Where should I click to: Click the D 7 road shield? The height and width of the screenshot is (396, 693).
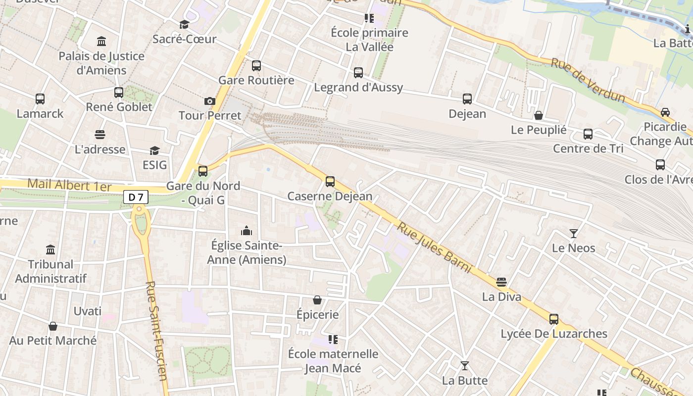click(x=136, y=198)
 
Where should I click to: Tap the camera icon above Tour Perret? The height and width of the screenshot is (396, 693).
click(x=210, y=101)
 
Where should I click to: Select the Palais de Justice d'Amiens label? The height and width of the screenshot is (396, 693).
click(x=101, y=63)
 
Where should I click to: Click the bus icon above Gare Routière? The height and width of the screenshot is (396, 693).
click(x=256, y=66)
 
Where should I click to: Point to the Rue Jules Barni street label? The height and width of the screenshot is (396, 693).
click(x=434, y=248)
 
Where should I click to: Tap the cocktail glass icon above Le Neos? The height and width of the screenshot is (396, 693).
click(x=574, y=233)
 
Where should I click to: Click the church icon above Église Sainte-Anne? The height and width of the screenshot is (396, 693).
click(x=246, y=231)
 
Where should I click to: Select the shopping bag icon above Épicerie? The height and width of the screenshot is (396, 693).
click(x=317, y=300)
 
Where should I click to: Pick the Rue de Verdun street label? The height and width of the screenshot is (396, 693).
click(x=588, y=81)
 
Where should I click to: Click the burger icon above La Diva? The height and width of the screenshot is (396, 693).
click(x=501, y=282)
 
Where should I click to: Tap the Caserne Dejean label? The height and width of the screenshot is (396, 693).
click(x=330, y=196)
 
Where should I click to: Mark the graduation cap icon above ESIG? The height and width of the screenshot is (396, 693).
click(x=155, y=150)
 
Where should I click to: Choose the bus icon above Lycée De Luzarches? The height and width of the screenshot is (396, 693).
click(x=554, y=319)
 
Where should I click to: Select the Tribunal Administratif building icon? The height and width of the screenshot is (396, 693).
click(x=50, y=249)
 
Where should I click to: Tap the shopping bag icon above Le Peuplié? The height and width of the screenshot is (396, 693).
click(x=539, y=115)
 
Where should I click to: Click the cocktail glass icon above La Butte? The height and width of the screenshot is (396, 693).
click(x=464, y=366)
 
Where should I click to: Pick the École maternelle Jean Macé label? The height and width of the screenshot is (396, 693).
click(x=333, y=361)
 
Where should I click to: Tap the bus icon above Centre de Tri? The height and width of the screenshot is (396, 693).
click(x=588, y=134)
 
